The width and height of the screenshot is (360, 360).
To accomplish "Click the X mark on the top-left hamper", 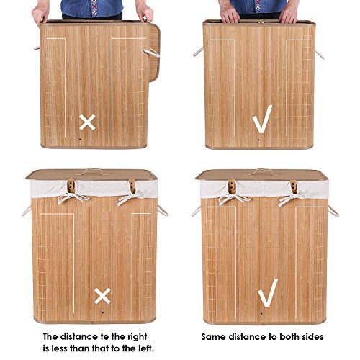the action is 87,122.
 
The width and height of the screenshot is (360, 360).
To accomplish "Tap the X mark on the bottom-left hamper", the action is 102,296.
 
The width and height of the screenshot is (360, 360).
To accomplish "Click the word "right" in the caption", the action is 135,336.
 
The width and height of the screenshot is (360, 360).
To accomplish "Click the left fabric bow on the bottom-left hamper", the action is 72,197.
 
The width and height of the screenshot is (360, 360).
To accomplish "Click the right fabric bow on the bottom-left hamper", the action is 131,197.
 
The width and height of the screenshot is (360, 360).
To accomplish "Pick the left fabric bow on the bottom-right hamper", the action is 234,198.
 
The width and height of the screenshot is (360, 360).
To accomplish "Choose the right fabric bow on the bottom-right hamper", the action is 292,199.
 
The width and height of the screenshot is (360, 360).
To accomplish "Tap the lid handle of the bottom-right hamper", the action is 262,171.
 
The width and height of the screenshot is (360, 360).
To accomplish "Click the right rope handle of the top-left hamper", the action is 152,53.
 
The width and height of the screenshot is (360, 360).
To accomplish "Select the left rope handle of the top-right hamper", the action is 199,52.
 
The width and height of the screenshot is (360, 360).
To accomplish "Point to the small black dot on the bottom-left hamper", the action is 102,312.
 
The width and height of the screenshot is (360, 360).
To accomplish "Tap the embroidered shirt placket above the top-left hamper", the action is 94,7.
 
